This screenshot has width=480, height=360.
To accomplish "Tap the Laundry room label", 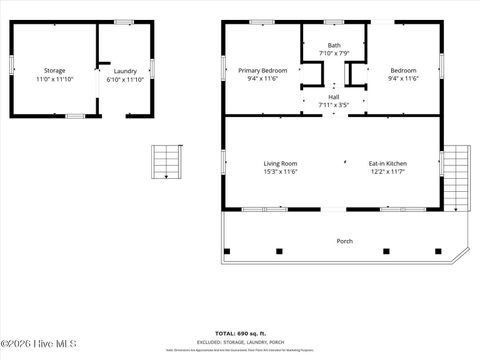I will coord(125,71).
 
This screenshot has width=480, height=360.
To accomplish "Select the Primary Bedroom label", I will coord(263,70).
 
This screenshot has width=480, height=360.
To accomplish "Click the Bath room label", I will coord(334,45).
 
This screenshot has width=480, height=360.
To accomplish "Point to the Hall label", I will coord(334,97).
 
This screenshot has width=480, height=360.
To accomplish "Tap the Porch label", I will coord(344,241).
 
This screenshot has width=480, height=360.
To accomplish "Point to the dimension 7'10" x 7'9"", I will coord(334,53).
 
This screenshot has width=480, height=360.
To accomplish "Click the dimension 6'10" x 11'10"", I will coord(125,79).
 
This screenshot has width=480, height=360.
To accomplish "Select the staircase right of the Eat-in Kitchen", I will coord(456,177).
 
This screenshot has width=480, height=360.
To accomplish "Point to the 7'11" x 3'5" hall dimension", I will coord(334,105).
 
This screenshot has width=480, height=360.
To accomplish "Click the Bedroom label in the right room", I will coord(403,70).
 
